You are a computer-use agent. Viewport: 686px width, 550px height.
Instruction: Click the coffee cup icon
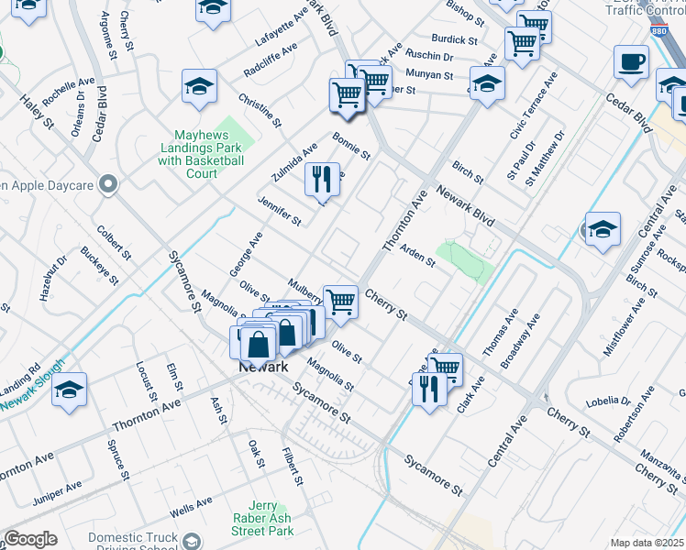pos(632,63)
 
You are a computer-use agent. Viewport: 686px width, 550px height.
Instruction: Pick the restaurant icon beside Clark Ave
pos(429,391)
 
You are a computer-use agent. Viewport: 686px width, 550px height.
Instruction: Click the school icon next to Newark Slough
pos(69,389)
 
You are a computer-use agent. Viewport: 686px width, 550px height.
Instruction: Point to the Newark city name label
pos(264,367)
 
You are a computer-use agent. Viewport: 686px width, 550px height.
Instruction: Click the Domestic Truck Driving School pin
pos(192,541)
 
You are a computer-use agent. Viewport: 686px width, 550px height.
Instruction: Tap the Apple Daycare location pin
pos(109,185)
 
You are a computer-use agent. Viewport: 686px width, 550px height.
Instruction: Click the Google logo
pos(30,538)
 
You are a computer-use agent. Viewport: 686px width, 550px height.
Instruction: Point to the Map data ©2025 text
pos(647,543)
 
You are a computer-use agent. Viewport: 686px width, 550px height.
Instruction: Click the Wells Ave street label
pos(191,504)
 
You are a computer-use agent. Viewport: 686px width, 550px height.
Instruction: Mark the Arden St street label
pos(417,256)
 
